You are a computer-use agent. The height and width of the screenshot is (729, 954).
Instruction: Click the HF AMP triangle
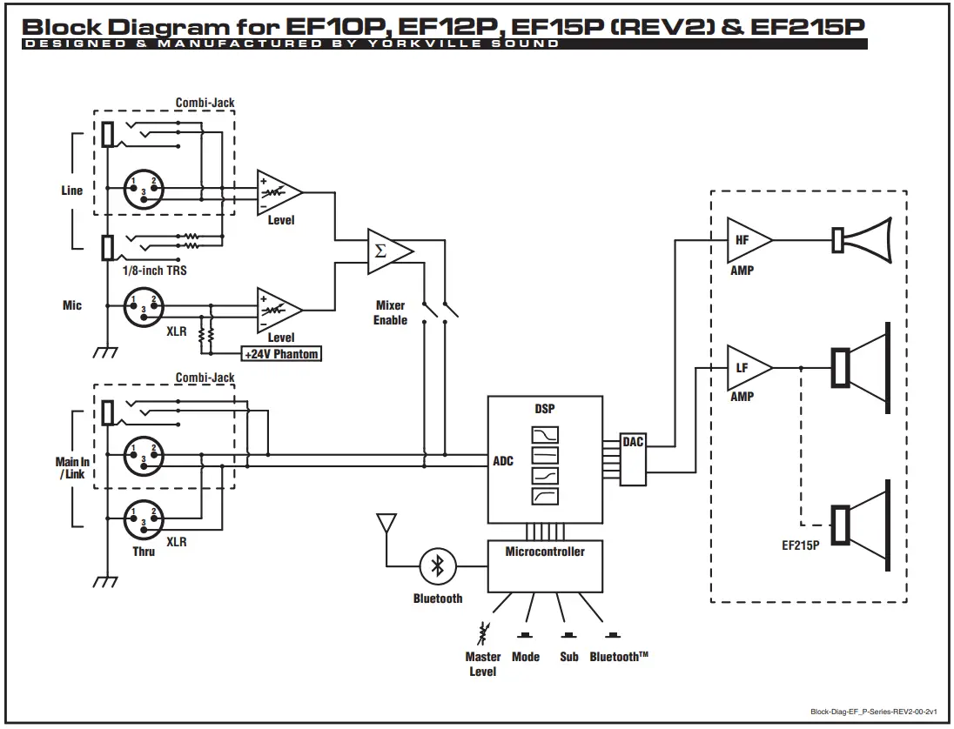coord(745,239)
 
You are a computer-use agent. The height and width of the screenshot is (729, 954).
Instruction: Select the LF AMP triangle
coord(745,367)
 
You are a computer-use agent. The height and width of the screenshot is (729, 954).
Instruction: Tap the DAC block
coord(633,460)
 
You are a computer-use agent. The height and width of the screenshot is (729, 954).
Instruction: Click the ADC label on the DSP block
coord(503,461)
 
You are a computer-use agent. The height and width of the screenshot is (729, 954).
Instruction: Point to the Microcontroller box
coord(545,565)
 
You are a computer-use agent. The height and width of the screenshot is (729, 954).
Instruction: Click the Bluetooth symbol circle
coord(438,567)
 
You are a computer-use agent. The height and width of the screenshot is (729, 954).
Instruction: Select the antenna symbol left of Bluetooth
coord(385,525)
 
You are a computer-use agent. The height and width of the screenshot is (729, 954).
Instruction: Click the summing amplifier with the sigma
coord(386,251)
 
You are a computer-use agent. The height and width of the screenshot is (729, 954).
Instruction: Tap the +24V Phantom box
coord(281,354)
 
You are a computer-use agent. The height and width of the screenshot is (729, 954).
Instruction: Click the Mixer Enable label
coord(390,313)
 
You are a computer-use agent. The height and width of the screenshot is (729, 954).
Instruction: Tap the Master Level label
coord(482,664)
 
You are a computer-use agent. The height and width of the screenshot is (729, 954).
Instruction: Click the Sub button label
coord(569,657)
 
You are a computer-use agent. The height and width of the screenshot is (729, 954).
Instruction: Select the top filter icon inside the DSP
coord(545,435)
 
